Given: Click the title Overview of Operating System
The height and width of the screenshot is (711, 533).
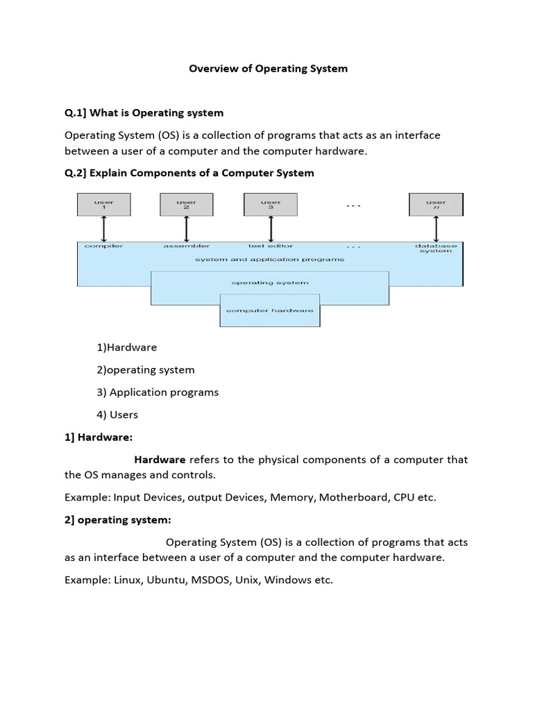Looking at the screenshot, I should pyautogui.click(x=269, y=69).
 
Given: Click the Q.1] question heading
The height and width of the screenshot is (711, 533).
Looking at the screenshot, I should pyautogui.click(x=144, y=112).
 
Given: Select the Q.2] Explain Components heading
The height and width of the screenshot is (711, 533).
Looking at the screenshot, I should pyautogui.click(x=189, y=173).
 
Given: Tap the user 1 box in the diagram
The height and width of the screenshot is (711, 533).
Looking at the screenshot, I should pyautogui.click(x=103, y=205).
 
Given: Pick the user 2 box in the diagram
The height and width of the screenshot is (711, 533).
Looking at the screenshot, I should pyautogui.click(x=187, y=205).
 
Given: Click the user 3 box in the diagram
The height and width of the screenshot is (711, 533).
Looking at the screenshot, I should pyautogui.click(x=271, y=205).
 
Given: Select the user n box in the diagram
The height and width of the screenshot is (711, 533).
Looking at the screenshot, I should pyautogui.click(x=436, y=205).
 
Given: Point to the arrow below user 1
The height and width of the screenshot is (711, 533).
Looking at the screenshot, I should pyautogui.click(x=103, y=228).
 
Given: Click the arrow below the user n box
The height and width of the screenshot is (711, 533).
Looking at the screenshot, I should pyautogui.click(x=436, y=228).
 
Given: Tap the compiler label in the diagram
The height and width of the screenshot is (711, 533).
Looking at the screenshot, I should pyautogui.click(x=103, y=246).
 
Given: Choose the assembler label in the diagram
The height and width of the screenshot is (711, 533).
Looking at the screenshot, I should pyautogui.click(x=186, y=246).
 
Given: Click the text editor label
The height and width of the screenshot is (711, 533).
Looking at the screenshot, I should pyautogui.click(x=271, y=246).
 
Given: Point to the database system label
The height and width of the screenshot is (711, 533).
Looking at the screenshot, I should pyautogui.click(x=436, y=248).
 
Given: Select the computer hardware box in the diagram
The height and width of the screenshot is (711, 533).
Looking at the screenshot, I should pyautogui.click(x=270, y=310).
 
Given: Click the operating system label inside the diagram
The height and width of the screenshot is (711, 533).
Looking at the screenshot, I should pyautogui.click(x=270, y=283).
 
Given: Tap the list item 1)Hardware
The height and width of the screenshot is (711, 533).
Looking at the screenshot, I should pyautogui.click(x=127, y=347).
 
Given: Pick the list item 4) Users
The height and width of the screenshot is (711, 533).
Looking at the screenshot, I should pyautogui.click(x=117, y=415).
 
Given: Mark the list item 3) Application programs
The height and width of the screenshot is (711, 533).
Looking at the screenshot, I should pyautogui.click(x=158, y=392).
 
